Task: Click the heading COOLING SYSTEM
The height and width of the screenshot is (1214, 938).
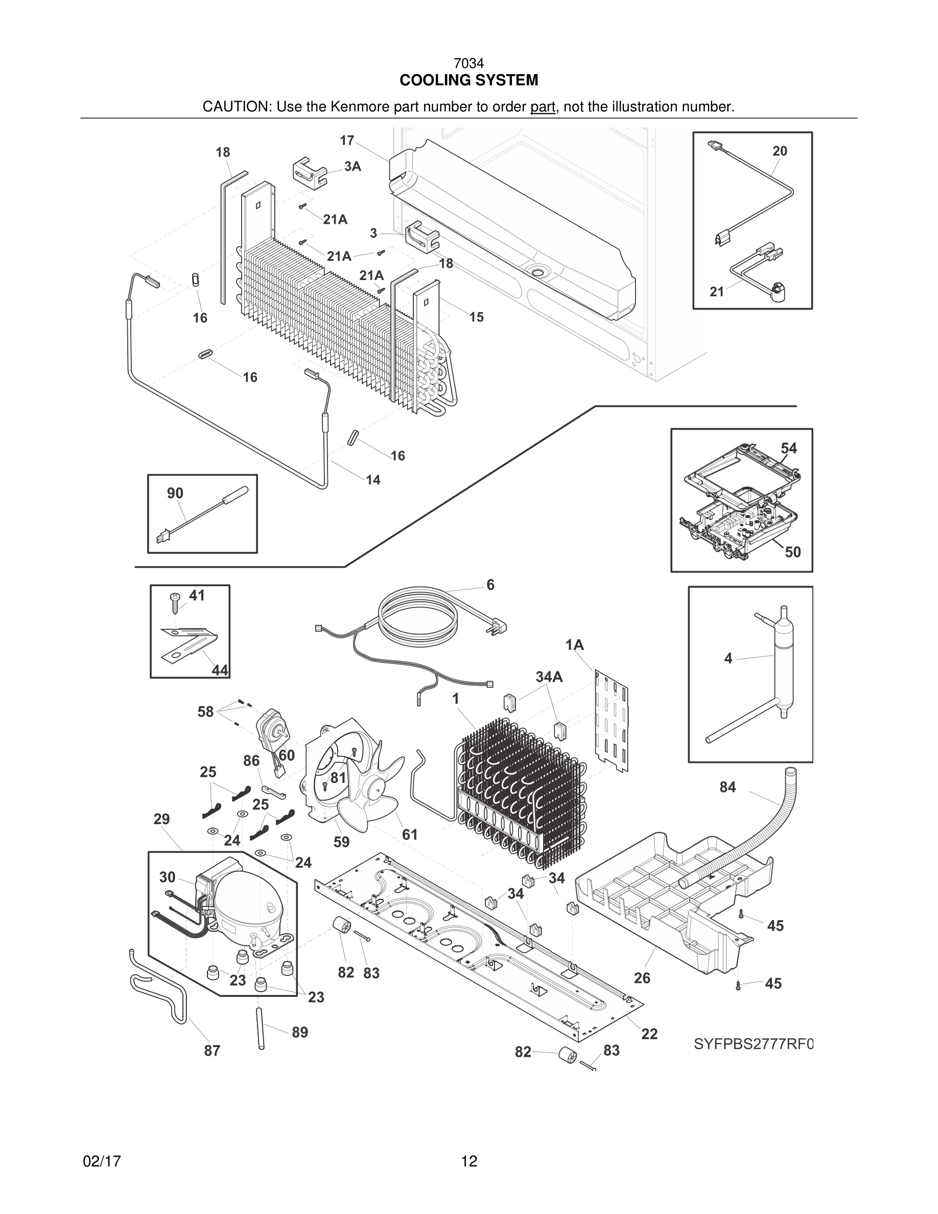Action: point(468,81)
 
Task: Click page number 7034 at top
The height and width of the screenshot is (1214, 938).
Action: point(468,64)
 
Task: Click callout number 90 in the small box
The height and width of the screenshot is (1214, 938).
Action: point(175,493)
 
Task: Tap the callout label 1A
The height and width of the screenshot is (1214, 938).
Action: point(574,645)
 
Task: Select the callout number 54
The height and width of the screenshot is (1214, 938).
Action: point(788,449)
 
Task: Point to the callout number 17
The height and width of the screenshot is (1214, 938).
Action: point(347,141)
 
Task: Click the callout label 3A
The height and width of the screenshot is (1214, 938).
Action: point(353,166)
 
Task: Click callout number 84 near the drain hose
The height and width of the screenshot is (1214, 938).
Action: point(728,787)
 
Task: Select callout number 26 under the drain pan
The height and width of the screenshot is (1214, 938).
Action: point(642,978)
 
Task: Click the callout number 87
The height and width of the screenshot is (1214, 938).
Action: point(212,1050)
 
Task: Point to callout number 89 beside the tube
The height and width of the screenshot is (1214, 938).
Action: point(299,1032)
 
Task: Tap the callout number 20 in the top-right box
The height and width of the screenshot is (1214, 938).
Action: point(780,151)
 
